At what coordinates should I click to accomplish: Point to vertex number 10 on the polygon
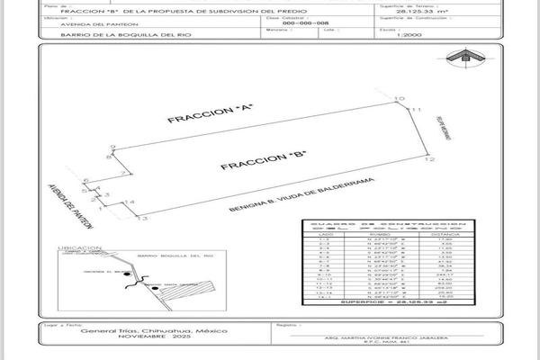tap(399, 98)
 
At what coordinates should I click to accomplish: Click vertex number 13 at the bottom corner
tap(142, 218)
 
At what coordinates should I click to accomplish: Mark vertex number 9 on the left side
tap(113, 146)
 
